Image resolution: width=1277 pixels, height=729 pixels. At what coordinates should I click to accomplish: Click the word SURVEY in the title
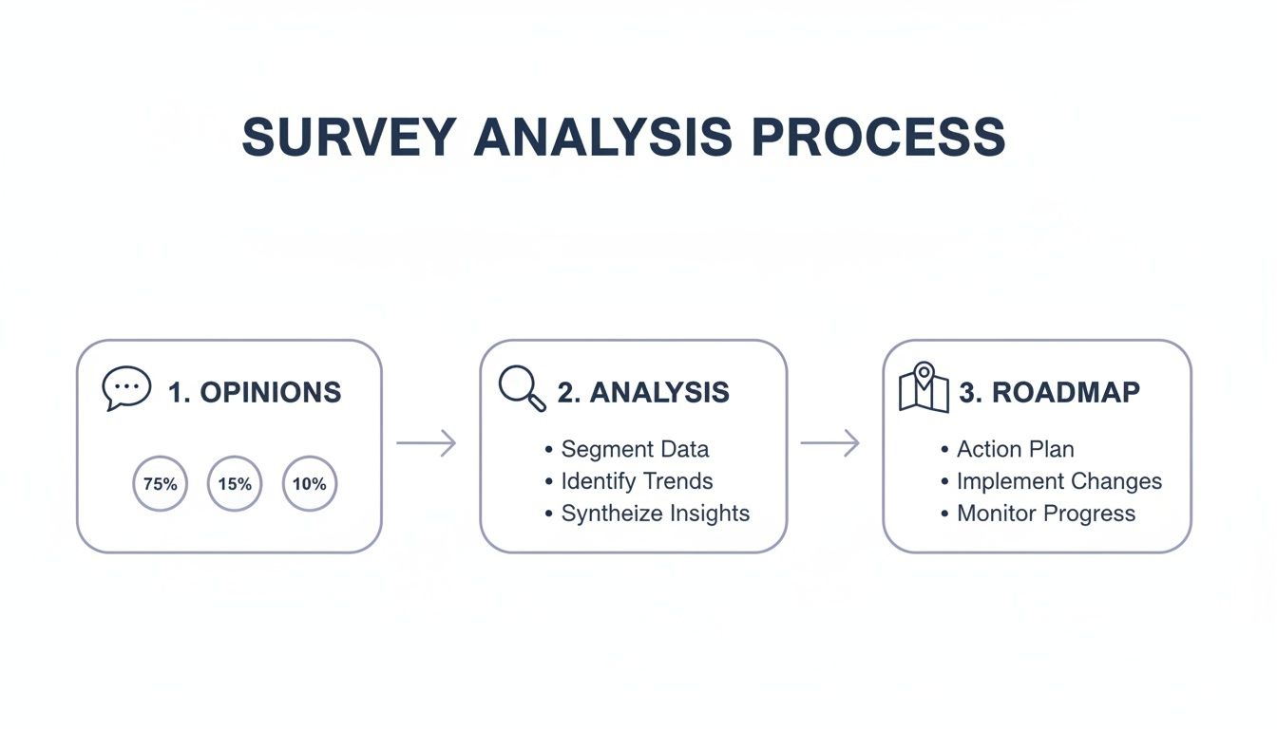349,137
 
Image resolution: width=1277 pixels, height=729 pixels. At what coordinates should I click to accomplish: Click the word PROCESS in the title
879,137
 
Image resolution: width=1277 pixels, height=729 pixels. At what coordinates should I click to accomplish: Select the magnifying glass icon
523,388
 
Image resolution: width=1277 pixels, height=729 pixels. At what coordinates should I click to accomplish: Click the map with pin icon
924,387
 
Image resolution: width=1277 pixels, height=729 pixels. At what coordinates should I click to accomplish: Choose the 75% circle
161,457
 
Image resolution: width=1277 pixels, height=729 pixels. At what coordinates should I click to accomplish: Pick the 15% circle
235,457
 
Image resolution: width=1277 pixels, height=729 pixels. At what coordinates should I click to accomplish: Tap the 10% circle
310,457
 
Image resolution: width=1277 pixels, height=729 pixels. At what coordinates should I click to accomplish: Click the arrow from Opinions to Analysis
427,443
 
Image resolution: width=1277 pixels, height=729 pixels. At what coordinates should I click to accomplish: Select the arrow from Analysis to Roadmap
830,443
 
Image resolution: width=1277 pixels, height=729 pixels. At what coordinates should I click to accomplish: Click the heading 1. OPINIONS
255,392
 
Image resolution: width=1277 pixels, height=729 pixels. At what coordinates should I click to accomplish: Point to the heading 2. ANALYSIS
643,392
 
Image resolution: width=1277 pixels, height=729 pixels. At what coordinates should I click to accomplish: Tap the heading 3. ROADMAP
1049,392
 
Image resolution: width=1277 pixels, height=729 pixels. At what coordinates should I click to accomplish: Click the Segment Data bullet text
635,449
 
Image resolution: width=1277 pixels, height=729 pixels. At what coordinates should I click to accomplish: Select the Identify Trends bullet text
637,481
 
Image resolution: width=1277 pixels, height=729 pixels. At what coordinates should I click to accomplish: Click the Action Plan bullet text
1016,449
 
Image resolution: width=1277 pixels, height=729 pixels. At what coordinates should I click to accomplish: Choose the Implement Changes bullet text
1059,482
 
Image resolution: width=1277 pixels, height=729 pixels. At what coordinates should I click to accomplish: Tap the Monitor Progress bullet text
1046,514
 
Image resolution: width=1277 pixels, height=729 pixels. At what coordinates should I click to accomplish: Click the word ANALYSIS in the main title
602,137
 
